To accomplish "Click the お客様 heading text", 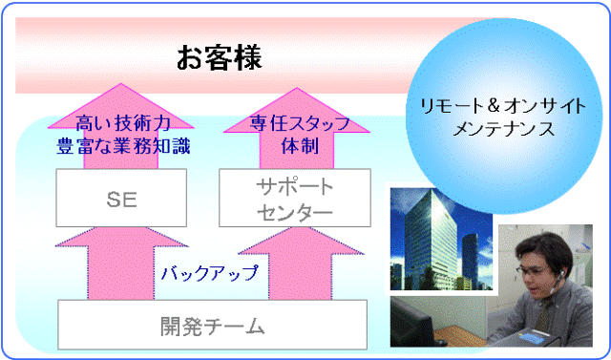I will click(x=219, y=57).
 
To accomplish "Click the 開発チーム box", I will click(x=212, y=326).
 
